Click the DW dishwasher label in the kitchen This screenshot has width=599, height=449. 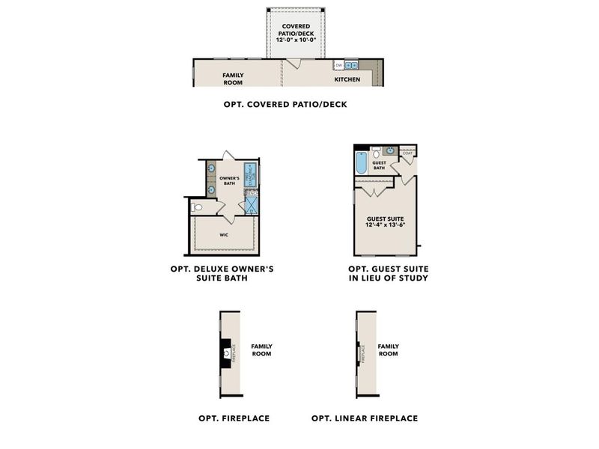338,66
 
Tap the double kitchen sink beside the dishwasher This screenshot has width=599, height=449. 353,66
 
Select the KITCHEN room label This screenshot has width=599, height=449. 347,79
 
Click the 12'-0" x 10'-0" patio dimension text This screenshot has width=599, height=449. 297,40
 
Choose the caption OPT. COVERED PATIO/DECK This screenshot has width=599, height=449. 285,105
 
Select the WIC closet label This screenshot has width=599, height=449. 225,235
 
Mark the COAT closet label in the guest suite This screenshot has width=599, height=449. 407,153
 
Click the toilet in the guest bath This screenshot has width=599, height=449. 377,156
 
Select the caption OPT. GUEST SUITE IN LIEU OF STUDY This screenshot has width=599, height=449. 388,273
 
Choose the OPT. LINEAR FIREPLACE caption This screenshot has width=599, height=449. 365,418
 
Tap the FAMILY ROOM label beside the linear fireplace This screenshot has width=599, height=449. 388,349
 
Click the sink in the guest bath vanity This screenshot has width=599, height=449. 391,150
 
